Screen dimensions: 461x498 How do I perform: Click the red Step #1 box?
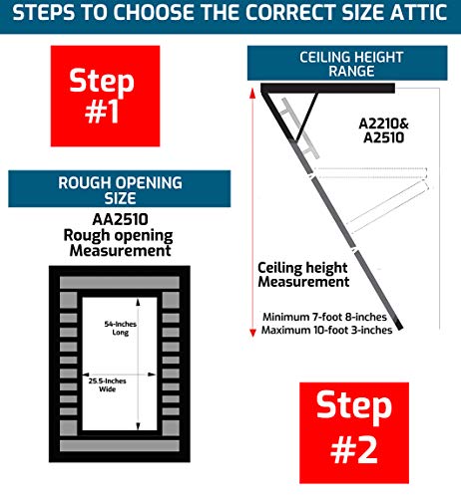[105, 96]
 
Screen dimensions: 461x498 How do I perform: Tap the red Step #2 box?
[354, 432]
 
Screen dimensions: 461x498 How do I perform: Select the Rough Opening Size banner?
[120, 189]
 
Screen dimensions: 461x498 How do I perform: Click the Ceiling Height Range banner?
[347, 63]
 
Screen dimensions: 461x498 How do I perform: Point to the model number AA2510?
[120, 219]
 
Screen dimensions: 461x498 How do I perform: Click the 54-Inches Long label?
[121, 328]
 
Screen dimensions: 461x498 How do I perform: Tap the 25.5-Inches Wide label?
[107, 384]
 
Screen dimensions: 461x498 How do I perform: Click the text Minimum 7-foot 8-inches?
[324, 317]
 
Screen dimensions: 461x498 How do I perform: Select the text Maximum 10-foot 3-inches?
[326, 331]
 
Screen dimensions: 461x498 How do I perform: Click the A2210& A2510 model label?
[384, 130]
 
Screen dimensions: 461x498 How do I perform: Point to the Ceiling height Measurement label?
[303, 275]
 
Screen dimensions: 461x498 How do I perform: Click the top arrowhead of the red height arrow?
[252, 94]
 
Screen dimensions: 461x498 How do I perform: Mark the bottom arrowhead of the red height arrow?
[252, 333]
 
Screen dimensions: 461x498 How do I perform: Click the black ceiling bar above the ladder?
[327, 89]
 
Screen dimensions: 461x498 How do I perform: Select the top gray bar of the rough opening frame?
[120, 283]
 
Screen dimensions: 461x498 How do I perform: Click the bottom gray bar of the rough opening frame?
[120, 445]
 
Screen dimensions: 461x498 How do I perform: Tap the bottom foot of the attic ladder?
[399, 326]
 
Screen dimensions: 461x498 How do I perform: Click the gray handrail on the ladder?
[299, 127]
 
